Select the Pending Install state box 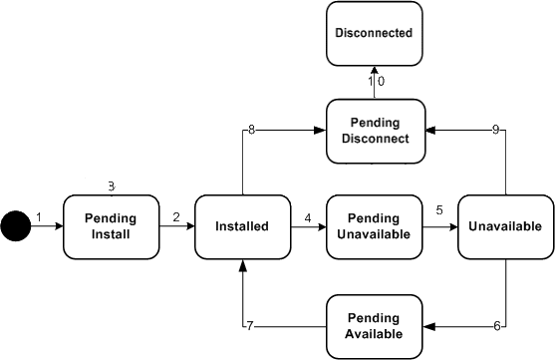[112, 226]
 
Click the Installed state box [242, 226]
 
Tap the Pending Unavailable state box [375, 226]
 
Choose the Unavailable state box [504, 226]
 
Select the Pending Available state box [375, 325]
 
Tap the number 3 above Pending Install [112, 186]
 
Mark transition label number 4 [308, 217]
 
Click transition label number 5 [438, 211]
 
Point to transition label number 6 [496, 325]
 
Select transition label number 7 [250, 325]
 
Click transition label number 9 [496, 131]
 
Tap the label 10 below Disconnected [376, 82]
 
